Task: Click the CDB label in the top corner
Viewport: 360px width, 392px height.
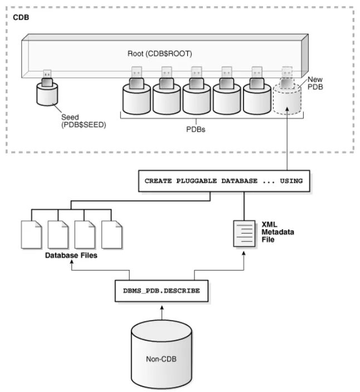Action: (x=21, y=17)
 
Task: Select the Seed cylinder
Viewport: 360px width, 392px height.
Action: (x=47, y=95)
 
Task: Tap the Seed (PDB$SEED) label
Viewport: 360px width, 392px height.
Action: (x=84, y=121)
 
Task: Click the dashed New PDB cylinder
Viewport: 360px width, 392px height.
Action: (x=287, y=100)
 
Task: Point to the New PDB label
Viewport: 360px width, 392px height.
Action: (x=315, y=84)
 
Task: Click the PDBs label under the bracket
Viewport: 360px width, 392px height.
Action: (x=197, y=129)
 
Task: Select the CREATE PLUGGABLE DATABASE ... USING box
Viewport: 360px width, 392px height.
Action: (x=223, y=181)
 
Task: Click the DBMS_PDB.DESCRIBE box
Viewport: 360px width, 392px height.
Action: (x=162, y=291)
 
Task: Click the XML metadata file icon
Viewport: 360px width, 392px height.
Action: (x=243, y=234)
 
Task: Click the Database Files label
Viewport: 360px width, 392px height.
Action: (x=71, y=255)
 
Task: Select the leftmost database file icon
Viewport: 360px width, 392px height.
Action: (x=31, y=234)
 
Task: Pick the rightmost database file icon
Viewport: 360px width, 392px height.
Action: (x=111, y=234)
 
